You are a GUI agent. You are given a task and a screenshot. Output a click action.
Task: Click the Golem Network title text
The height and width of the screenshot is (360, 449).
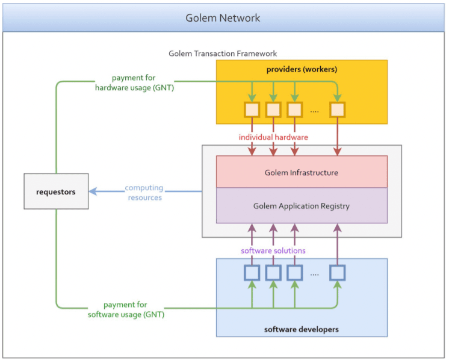pos(223,17)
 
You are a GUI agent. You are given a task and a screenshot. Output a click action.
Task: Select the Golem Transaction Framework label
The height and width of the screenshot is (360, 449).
pos(223,54)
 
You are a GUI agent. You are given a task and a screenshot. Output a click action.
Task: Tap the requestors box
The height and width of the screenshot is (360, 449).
pos(56,192)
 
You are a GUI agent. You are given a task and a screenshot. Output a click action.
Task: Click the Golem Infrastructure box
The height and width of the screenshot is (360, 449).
pos(302,172)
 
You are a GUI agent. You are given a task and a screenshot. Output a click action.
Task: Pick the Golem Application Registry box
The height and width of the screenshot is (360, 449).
pos(302,206)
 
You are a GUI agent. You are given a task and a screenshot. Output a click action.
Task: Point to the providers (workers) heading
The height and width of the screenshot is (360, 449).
pos(302,70)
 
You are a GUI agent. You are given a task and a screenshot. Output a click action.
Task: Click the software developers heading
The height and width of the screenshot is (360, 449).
pos(302,329)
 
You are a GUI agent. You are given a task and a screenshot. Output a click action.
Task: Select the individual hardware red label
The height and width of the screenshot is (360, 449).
pos(273,137)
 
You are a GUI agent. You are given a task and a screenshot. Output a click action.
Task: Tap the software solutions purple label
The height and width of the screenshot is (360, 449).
pos(273,250)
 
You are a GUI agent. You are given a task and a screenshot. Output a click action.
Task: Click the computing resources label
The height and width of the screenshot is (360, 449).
pos(144,193)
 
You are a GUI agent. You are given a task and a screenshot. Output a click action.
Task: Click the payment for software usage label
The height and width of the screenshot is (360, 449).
pos(126,309)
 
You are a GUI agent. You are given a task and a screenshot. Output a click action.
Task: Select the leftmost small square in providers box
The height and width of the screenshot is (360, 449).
pos(252,110)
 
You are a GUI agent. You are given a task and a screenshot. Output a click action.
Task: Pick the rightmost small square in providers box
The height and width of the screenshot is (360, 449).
pos(337,110)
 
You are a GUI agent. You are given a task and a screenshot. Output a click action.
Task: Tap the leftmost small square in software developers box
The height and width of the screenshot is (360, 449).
pos(252,273)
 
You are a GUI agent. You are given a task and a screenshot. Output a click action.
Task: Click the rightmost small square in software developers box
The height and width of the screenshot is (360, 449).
pos(337,273)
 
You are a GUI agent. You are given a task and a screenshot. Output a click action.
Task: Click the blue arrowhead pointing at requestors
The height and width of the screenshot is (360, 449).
pos(93,191)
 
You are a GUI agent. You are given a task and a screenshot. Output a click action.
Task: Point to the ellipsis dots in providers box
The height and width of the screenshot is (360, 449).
pos(314,111)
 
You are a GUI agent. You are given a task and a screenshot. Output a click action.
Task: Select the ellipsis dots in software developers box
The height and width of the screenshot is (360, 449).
pos(314,275)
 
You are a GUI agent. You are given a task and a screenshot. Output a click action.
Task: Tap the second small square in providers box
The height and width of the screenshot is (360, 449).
pos(273,110)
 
